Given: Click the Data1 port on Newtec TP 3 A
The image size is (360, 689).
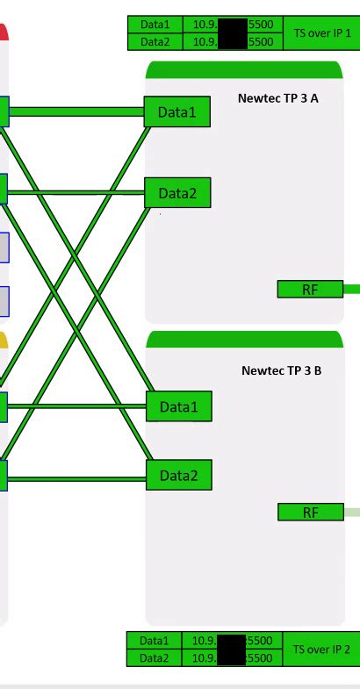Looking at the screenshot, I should tap(177, 111).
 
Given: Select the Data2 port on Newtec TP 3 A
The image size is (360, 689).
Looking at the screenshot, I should tap(177, 192).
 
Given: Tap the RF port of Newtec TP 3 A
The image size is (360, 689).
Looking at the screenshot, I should tap(310, 289).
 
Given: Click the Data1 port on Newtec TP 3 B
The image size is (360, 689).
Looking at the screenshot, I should tap(178, 406).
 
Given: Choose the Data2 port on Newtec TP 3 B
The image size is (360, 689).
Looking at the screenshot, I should tap(178, 476).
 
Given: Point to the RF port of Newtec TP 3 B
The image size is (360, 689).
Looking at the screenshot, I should tap(310, 513).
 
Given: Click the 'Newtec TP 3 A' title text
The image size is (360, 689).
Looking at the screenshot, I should tap(277, 97).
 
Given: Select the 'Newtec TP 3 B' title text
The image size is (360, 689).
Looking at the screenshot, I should tap(281, 370).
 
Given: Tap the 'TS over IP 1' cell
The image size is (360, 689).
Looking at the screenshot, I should tap(321, 32).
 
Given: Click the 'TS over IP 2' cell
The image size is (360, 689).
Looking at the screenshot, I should tap(321, 649).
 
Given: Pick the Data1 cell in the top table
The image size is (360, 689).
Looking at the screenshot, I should tap(155, 25).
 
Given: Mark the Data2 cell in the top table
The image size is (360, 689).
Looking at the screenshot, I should tap(155, 41).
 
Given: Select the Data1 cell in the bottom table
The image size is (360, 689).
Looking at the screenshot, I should tap(155, 641).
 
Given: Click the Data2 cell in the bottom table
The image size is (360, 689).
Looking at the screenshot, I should tap(155, 657).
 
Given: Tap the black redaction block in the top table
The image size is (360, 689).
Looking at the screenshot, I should tap(231, 32).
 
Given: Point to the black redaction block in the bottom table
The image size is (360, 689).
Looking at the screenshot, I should tap(231, 650).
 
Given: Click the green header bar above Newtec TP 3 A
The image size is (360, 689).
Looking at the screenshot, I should tap(243, 70).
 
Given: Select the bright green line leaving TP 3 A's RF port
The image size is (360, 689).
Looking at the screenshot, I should tap(351, 288).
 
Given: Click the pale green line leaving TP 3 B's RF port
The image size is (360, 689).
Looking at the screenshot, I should tap(351, 512).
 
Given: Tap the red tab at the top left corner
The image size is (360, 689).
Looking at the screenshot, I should tap(4, 32).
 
